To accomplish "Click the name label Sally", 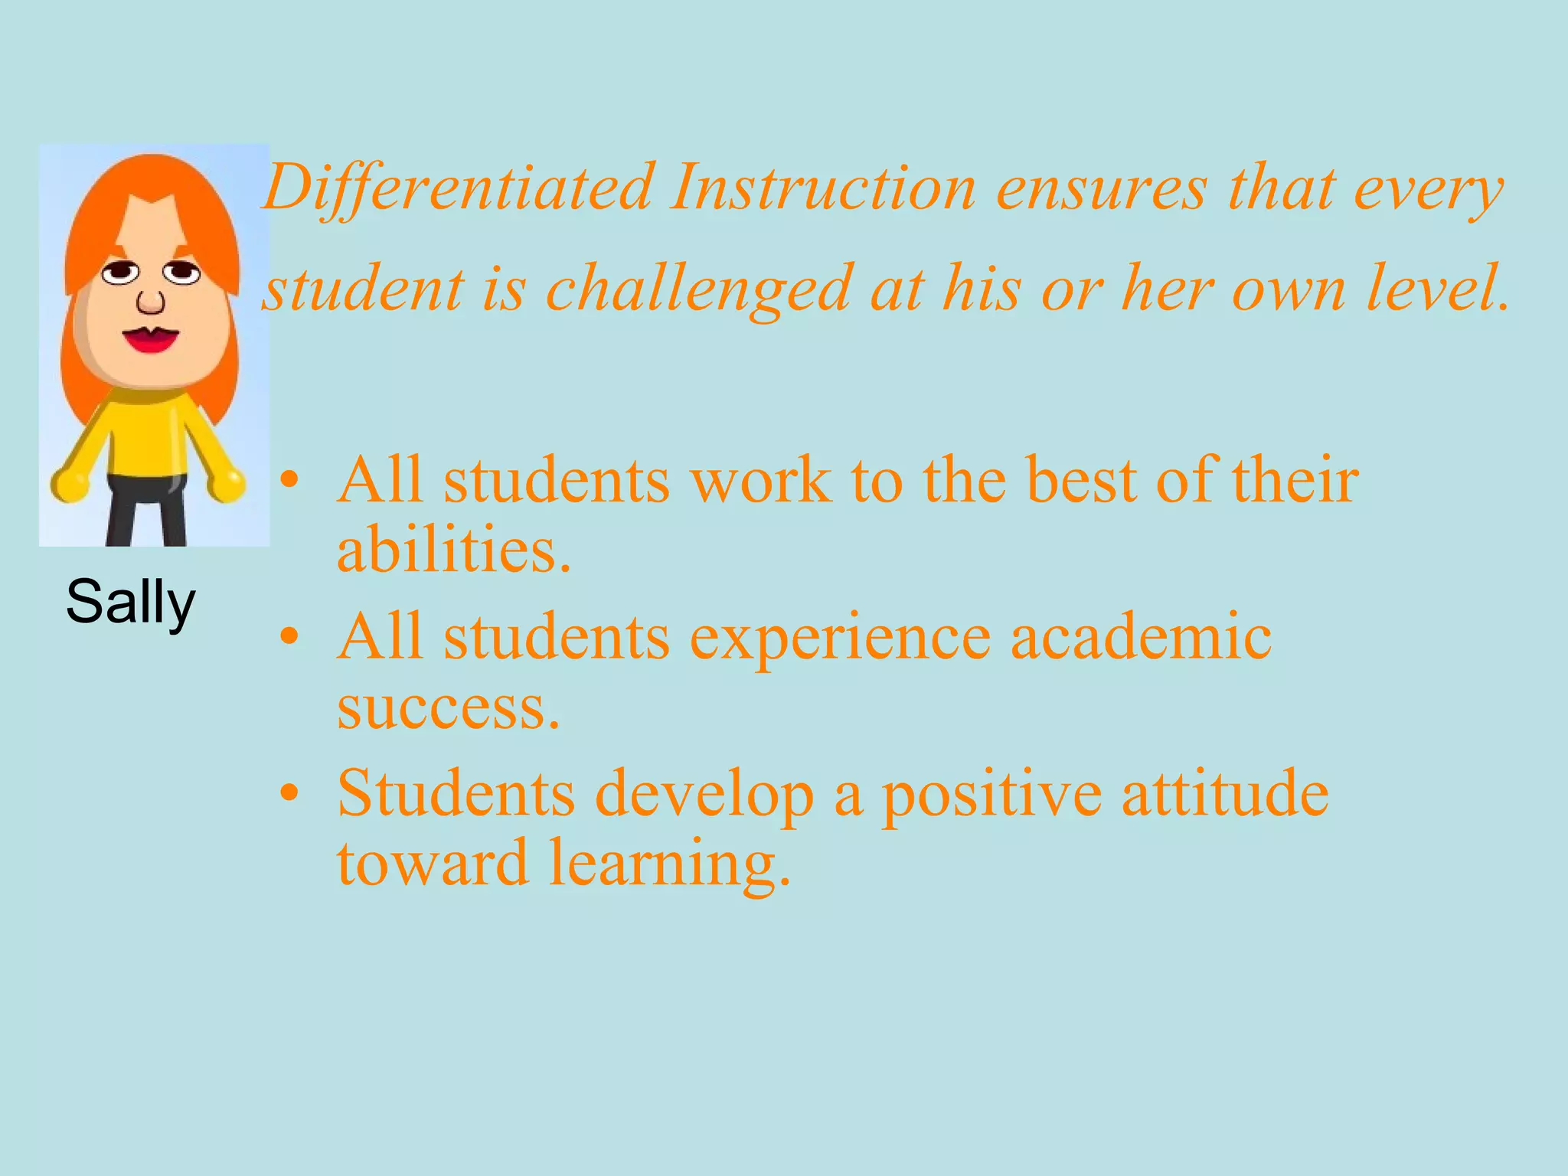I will [x=131, y=603].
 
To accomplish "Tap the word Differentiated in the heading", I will [x=459, y=188].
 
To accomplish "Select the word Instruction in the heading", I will [x=823, y=188].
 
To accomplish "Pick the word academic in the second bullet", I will [x=1141, y=637].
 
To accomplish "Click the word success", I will [x=448, y=707].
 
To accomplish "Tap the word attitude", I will [x=1225, y=793].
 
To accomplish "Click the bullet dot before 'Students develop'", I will [x=289, y=794].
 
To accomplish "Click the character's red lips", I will [x=151, y=338].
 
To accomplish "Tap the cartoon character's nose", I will [x=151, y=301].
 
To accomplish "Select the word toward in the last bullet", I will [x=433, y=864].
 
